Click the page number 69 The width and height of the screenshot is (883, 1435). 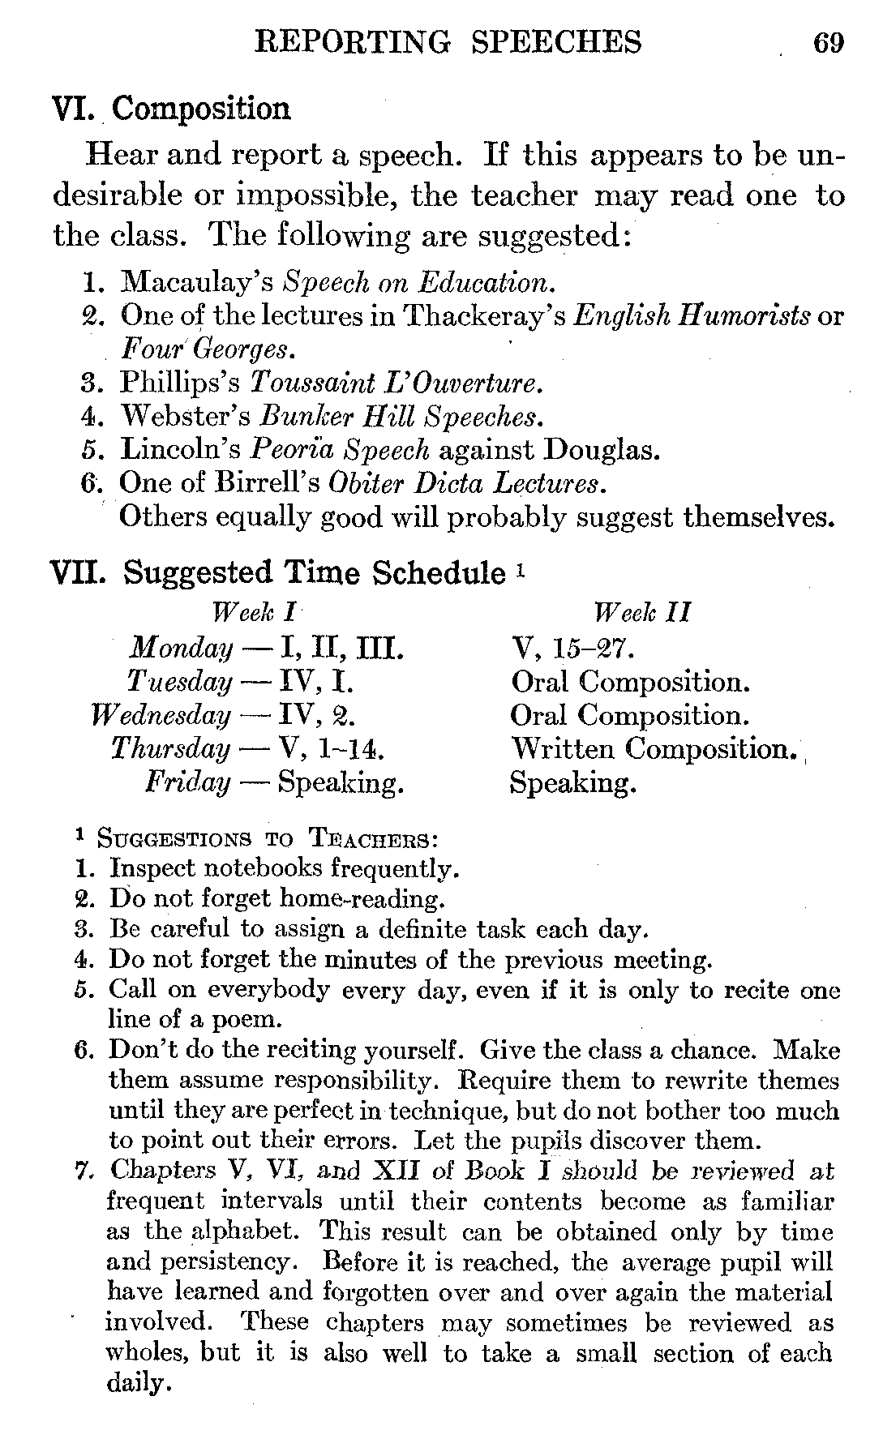pos(828,41)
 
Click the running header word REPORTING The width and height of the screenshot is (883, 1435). pos(352,41)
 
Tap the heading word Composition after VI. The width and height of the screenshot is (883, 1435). pos(200,109)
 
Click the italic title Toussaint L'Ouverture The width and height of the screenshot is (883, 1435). pos(396,382)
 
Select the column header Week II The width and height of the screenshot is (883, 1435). pos(641,612)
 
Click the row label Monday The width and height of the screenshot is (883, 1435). pos(181,648)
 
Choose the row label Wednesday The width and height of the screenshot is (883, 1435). pos(161,715)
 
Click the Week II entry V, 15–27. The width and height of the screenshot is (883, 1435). pos(572,648)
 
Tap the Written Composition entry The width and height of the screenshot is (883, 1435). pos(650,748)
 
